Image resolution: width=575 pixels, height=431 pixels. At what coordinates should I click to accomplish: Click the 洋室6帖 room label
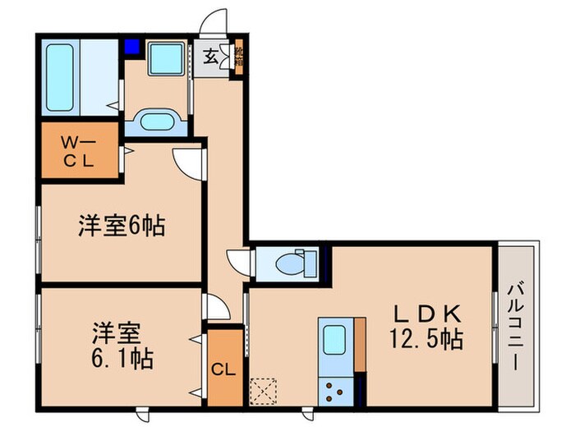click(122, 226)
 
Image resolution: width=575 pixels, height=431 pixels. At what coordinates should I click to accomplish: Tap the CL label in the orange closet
click(224, 369)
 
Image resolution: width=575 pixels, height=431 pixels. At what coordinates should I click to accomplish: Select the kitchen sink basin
click(334, 339)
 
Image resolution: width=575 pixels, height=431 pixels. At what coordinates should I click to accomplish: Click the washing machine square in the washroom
click(168, 59)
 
